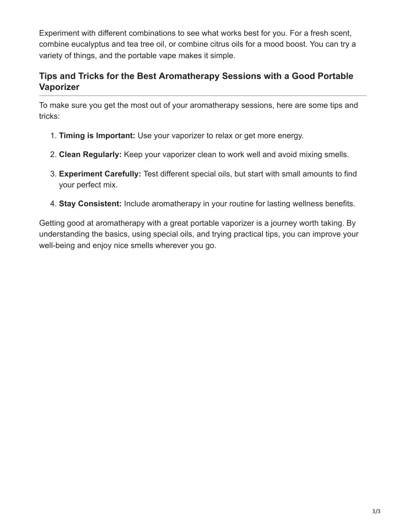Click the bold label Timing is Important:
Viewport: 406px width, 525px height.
97,136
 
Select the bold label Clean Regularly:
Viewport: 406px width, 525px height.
90,155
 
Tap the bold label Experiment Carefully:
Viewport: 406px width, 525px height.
100,174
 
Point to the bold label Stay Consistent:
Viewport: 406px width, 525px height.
90,204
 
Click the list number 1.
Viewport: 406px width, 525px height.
53,136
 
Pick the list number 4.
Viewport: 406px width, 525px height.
53,204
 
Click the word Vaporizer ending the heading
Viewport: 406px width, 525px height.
59,87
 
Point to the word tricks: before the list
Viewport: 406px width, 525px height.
49,116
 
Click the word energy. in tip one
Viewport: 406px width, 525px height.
290,136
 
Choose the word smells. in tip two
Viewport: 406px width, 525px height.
337,155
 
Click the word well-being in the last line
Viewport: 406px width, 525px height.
57,245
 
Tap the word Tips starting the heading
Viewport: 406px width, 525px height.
48,76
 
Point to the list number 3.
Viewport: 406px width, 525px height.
53,174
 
